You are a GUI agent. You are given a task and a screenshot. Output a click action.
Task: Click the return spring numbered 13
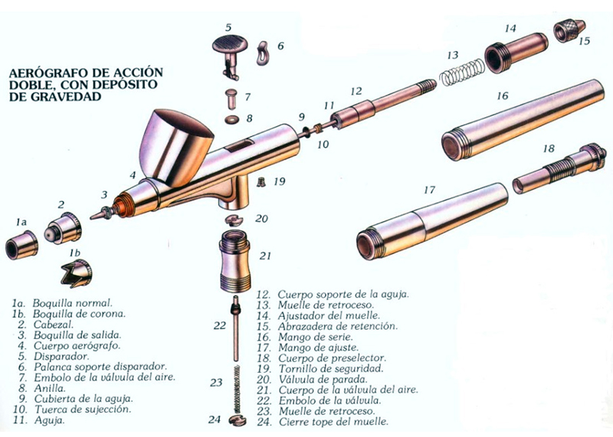coord(462,73)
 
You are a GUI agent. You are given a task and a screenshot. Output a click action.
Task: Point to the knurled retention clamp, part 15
coord(569,31)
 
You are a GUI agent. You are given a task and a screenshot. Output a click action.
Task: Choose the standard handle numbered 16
coord(526,119)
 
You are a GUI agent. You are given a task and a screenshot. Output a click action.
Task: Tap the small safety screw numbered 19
coord(261,181)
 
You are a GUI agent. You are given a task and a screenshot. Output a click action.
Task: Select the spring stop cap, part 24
coord(238,421)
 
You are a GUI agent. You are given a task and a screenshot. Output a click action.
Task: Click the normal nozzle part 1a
coord(21,244)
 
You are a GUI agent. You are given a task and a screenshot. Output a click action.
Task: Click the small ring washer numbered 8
coord(233,119)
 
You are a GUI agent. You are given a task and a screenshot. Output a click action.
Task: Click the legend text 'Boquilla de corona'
coord(79,314)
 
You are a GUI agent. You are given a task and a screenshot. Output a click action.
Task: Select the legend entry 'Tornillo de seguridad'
coord(331,368)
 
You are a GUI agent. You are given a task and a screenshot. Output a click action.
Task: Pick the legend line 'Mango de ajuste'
coord(318,347)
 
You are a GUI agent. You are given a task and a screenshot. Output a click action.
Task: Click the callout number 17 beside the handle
coord(429,191)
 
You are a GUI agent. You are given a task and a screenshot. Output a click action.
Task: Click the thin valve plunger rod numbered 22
coord(236,329)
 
